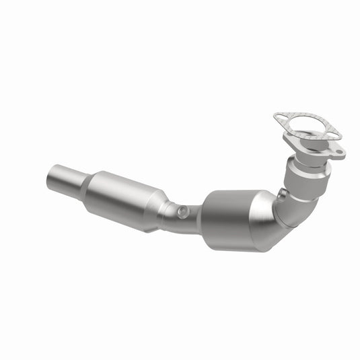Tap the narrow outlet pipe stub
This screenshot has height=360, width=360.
[66, 181]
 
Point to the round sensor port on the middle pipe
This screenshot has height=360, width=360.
[182, 213]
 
